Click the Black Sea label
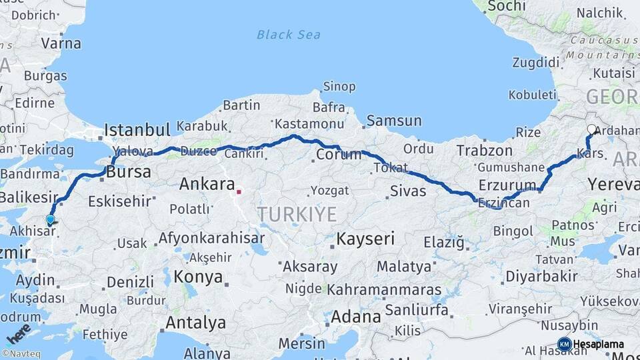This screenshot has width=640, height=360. click(288, 35)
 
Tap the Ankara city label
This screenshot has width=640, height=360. click(207, 184)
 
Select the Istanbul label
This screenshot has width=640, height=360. click(138, 129)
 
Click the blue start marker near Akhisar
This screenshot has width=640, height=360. click(50, 219)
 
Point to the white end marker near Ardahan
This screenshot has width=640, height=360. click(591, 130)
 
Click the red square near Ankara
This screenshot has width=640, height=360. click(239, 192)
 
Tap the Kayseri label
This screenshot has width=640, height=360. click(365, 238)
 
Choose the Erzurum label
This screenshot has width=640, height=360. click(507, 185)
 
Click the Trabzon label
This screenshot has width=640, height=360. click(484, 151)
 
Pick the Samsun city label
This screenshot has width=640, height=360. click(394, 121)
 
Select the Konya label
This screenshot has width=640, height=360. click(196, 276)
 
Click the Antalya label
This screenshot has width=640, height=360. click(195, 323)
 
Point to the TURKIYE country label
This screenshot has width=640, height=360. click(297, 214)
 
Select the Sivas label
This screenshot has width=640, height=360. click(408, 193)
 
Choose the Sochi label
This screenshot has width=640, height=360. click(507, 6)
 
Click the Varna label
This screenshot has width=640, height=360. click(61, 44)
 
